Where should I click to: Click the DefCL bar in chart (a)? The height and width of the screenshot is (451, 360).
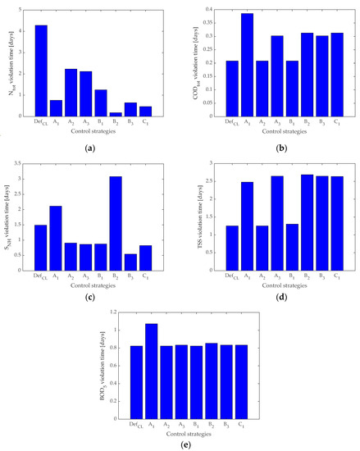pyautogui.click(x=41, y=71)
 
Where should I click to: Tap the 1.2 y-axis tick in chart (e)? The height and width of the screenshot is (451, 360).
pyautogui.click(x=115, y=313)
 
